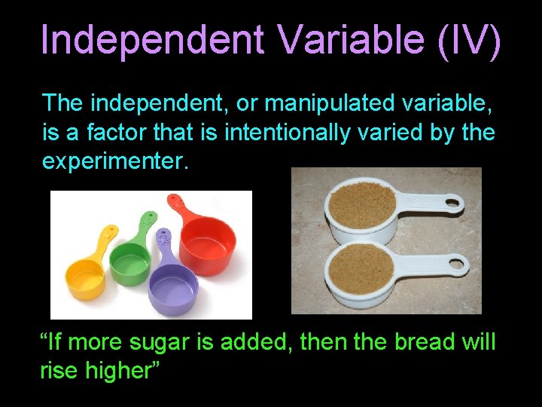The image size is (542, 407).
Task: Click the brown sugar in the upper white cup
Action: click(x=360, y=201)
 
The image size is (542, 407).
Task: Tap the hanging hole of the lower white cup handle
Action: click(x=455, y=264)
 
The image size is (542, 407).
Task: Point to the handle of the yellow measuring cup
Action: click(x=104, y=239)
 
